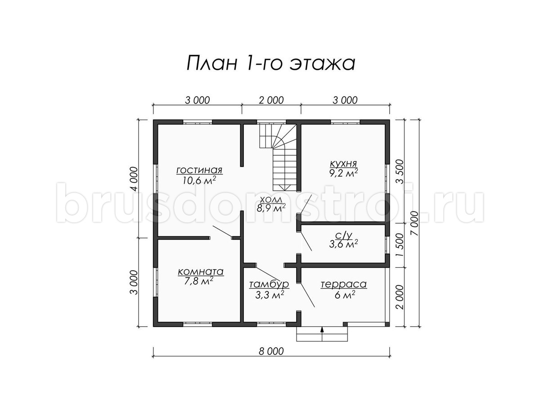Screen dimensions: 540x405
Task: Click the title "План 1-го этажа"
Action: (x=271, y=63)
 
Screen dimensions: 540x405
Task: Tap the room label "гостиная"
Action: (x=199, y=170)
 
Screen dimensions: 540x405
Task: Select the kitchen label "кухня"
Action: (x=343, y=163)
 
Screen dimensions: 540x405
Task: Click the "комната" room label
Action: (x=201, y=272)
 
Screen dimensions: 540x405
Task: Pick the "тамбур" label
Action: (x=269, y=284)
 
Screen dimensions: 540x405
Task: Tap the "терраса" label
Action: (x=343, y=284)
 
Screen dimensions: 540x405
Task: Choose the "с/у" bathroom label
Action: (x=344, y=235)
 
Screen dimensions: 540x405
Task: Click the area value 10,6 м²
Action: (x=199, y=180)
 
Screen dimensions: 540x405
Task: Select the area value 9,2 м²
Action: (x=343, y=173)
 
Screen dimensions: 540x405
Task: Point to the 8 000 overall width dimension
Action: (x=271, y=351)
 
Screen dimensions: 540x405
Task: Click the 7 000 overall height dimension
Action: (x=415, y=223)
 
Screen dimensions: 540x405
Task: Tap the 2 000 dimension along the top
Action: (x=271, y=100)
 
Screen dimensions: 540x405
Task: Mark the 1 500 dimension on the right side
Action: (x=400, y=245)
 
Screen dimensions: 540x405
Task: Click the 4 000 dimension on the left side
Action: (x=134, y=179)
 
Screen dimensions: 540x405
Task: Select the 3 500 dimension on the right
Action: (x=400, y=171)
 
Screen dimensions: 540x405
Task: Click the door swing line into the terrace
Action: (x=307, y=296)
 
